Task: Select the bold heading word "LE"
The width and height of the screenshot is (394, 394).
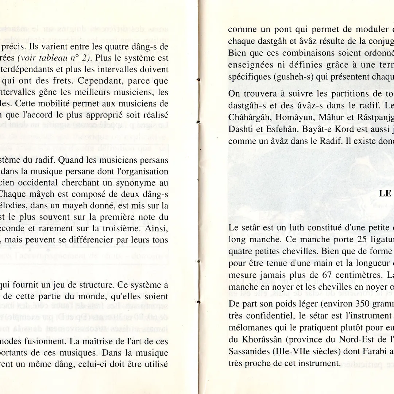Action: [x=385, y=193]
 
